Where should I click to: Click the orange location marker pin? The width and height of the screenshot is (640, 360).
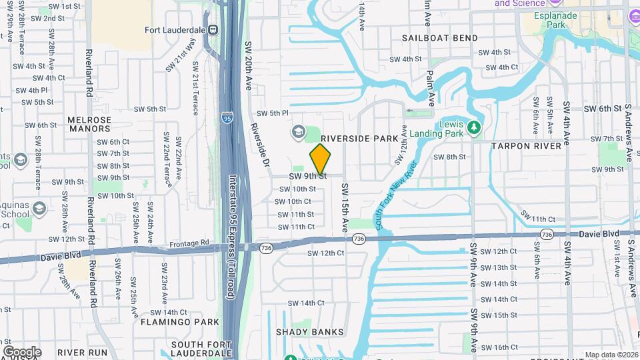click(320, 159)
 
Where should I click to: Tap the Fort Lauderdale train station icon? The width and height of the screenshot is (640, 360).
click(213, 29)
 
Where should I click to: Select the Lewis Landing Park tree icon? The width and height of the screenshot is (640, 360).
click(474, 127)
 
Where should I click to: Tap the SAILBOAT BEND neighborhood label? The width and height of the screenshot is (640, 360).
click(439, 38)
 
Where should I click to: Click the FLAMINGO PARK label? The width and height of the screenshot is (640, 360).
click(180, 321)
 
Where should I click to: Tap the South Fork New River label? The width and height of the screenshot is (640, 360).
click(397, 196)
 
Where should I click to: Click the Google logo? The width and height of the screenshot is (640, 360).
click(21, 351)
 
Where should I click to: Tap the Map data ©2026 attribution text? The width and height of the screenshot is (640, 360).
click(611, 355)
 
